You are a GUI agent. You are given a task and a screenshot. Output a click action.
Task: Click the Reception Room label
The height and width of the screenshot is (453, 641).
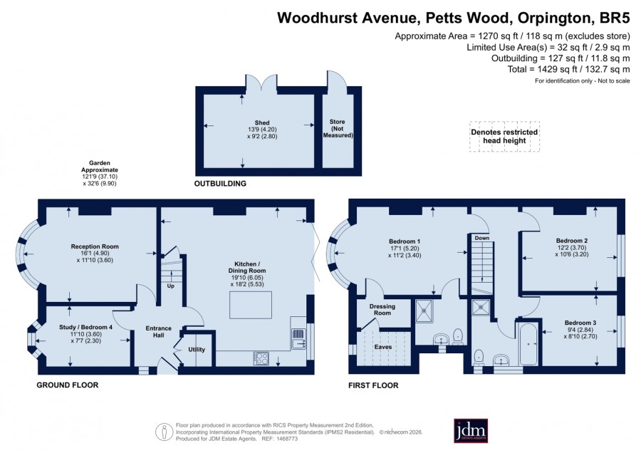pyautogui.click(x=95, y=246)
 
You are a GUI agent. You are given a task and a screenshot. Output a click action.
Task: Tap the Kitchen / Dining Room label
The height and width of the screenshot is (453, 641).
pyautogui.click(x=247, y=267)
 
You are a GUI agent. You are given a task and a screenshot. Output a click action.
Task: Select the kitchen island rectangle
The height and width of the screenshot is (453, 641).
pyautogui.click(x=251, y=305)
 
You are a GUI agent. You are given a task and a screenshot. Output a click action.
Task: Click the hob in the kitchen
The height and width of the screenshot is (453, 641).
pyautogui.click(x=261, y=358)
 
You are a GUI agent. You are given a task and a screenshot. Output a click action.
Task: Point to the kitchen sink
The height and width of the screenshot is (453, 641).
pyautogui.click(x=298, y=339)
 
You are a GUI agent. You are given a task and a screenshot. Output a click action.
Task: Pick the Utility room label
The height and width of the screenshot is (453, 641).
pyautogui.click(x=197, y=350)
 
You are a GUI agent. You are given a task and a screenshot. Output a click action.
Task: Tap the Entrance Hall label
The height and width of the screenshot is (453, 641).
pyautogui.click(x=159, y=332)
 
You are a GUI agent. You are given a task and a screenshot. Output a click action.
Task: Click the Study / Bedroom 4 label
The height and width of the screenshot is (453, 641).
pyautogui.click(x=86, y=327)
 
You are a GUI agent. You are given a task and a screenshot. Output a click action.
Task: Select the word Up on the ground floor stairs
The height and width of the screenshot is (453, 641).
pyautogui.click(x=170, y=286)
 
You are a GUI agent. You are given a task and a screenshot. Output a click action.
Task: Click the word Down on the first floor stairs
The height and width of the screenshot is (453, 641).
pyautogui.click(x=482, y=238)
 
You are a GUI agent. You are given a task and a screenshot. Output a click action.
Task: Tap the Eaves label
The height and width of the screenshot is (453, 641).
pyautogui.click(x=383, y=347)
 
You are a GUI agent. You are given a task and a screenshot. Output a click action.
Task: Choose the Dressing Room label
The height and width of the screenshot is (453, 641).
pyautogui.click(x=382, y=310)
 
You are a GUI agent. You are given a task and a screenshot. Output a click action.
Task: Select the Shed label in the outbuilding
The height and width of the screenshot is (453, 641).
pyautogui.click(x=262, y=123)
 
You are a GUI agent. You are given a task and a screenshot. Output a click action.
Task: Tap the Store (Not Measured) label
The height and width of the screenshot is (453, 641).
pyautogui.click(x=338, y=128)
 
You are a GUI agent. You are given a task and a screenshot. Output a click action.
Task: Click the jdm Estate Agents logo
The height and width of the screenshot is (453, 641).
pyautogui.click(x=471, y=430)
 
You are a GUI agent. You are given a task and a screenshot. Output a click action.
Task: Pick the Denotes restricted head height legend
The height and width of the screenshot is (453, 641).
pyautogui.click(x=504, y=136)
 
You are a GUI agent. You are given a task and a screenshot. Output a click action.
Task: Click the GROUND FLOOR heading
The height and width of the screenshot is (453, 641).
pyautogui.click(x=68, y=385)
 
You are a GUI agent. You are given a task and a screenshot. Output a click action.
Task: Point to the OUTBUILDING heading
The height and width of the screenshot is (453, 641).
pyautogui.click(x=220, y=184)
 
